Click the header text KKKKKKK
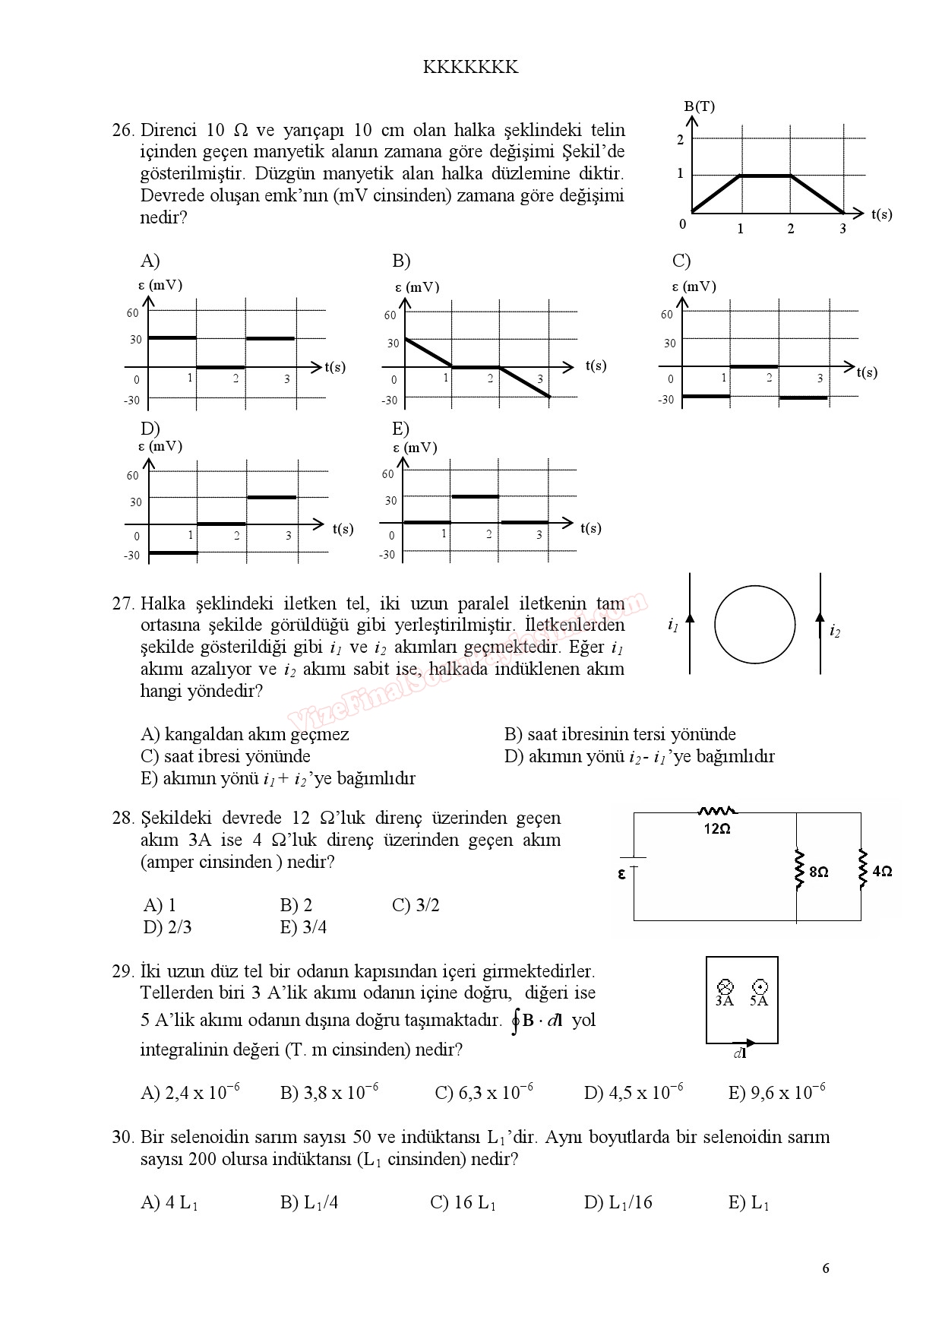click(x=470, y=68)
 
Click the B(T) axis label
click(x=698, y=106)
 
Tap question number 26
click(x=122, y=130)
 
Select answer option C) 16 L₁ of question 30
click(x=463, y=1202)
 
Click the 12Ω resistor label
click(x=716, y=829)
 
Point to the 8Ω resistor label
click(x=818, y=872)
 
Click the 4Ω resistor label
click(x=882, y=872)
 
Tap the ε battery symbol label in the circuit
click(x=621, y=874)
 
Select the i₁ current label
click(x=672, y=625)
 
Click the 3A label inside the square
click(x=724, y=1001)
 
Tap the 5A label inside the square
click(x=759, y=1001)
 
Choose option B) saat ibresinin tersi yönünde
click(x=620, y=734)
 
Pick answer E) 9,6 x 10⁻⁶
click(x=776, y=1093)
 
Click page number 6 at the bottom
click(x=826, y=1268)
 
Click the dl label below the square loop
click(x=740, y=1053)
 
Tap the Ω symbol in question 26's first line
click(x=242, y=130)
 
